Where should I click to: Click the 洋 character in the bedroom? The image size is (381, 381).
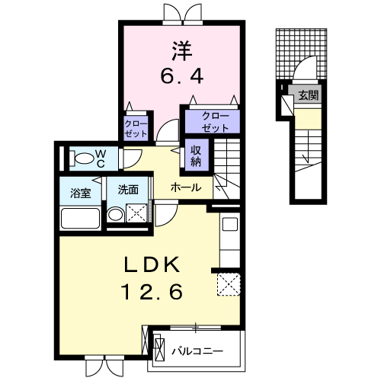pos(181,51)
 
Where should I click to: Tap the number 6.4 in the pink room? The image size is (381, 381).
pos(181,77)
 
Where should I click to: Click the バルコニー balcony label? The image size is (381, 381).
pos(197,352)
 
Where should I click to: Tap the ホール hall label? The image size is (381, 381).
pos(185,187)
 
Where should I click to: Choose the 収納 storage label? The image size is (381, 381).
pos(196,155)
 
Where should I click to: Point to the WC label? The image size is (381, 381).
pos(101,158)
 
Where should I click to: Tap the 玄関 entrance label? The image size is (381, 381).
pos(308,96)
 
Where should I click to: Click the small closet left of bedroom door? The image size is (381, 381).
pos(137,127)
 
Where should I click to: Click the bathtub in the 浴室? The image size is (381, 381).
pos(81,219)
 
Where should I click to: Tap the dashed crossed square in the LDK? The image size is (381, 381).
pos(228,284)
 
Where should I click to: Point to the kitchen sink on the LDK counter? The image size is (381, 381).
pos(229,225)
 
